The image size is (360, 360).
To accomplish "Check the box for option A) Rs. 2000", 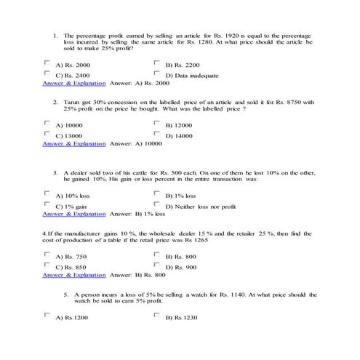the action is pyautogui.click(x=48, y=63).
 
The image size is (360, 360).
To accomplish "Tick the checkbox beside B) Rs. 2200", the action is pyautogui.click(x=156, y=63).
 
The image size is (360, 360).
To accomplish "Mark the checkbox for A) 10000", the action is pyautogui.click(x=48, y=124).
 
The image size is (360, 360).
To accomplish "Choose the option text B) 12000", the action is pyautogui.click(x=180, y=125).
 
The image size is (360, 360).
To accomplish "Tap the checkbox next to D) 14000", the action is pyautogui.click(x=156, y=134).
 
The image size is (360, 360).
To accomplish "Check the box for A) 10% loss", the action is pyautogui.click(x=48, y=194).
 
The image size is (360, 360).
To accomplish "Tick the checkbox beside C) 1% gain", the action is pyautogui.click(x=48, y=204).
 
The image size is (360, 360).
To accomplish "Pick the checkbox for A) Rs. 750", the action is pyautogui.click(x=48, y=255).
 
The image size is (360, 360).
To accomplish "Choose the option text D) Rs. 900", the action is pyautogui.click(x=181, y=268).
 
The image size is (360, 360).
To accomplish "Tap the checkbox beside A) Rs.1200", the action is pyautogui.click(x=48, y=316).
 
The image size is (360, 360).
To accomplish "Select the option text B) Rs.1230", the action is pyautogui.click(x=182, y=318).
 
